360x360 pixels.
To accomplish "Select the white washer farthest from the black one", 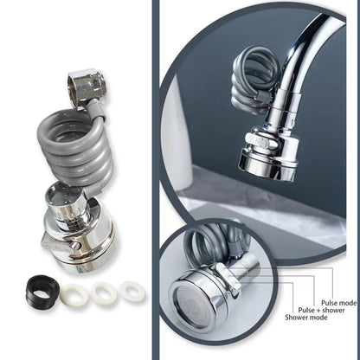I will click(x=132, y=291).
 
